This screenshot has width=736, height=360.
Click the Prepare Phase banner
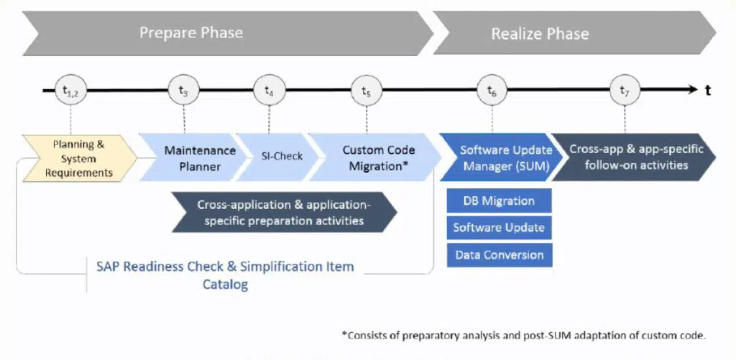(191, 33)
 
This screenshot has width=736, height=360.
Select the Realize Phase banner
(540, 34)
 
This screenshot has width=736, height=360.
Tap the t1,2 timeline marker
(70, 91)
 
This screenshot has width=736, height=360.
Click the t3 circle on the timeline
(184, 91)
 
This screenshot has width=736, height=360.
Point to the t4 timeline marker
(269, 91)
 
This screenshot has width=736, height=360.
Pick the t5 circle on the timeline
(366, 91)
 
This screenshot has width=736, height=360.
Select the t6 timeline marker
(492, 91)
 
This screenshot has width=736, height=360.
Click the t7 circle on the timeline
(625, 91)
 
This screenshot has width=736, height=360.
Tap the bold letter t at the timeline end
(708, 91)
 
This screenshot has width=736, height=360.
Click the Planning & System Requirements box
(78, 158)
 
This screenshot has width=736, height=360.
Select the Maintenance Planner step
(200, 158)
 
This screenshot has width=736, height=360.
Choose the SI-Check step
(280, 157)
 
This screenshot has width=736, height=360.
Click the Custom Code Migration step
(378, 158)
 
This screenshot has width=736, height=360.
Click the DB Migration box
(499, 200)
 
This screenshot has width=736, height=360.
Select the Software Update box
(499, 228)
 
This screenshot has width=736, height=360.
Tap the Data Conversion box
(499, 255)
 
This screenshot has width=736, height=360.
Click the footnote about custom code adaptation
(523, 335)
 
